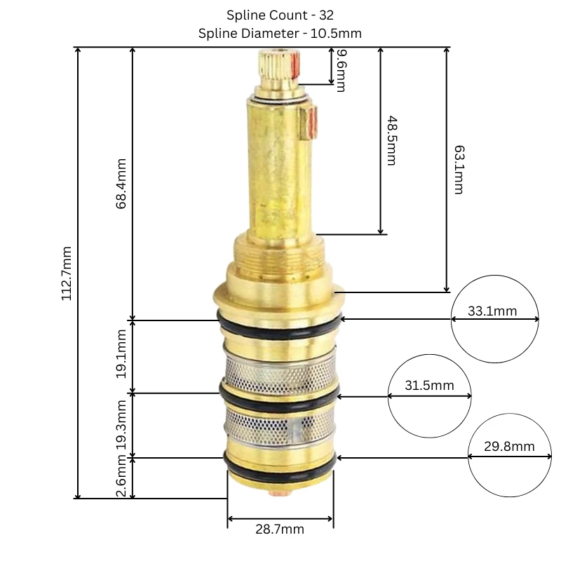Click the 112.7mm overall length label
tap(67, 273)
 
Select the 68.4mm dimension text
tap(122, 185)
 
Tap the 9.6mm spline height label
tap(340, 71)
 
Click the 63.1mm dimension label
tap(459, 170)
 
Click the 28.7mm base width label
tap(280, 529)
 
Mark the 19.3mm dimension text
tap(122, 426)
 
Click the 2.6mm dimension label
tap(122, 478)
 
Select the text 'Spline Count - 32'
tap(280, 15)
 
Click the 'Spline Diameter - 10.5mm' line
tap(280, 33)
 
